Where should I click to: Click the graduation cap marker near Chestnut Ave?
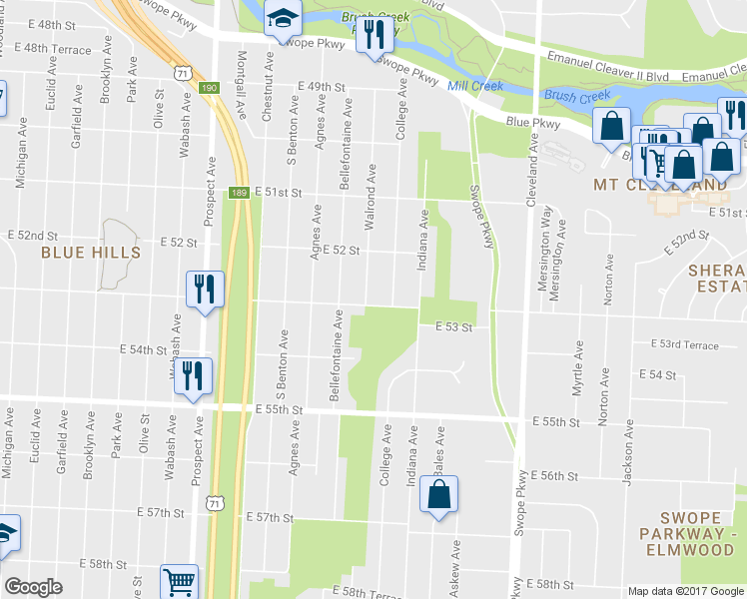point(284,20)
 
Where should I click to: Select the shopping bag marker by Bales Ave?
point(438,495)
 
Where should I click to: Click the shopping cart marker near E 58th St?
point(179,581)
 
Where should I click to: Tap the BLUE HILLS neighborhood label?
point(91,253)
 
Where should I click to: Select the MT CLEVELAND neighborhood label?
point(658,185)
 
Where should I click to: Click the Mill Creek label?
point(473,87)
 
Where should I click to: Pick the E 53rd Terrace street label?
point(684,344)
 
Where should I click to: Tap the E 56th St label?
point(555,475)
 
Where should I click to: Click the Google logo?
point(34,587)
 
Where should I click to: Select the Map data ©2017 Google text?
point(684,591)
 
